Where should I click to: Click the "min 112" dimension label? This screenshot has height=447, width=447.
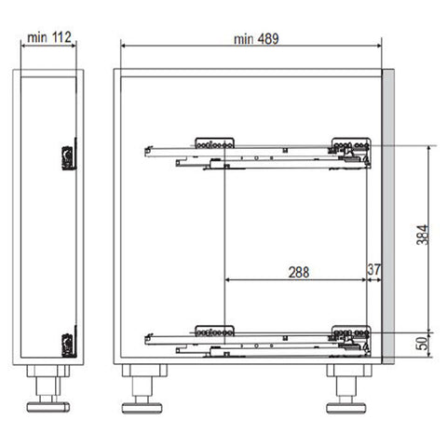coord(49,37)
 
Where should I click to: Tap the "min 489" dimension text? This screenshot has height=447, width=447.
coord(256,39)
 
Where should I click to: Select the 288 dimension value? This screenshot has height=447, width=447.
coord(299,272)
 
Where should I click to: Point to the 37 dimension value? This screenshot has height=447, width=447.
coord(374,269)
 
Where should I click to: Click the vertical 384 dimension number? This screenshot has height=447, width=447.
coord(423,235)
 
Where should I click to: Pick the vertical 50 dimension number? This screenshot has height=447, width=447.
coord(423,344)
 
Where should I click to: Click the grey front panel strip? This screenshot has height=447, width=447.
coord(388,216)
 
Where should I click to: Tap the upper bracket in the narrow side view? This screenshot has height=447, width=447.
coord(69,155)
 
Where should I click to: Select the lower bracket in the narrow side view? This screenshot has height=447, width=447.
coord(69,342)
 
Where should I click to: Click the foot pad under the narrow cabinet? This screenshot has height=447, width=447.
coord(48,407)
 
